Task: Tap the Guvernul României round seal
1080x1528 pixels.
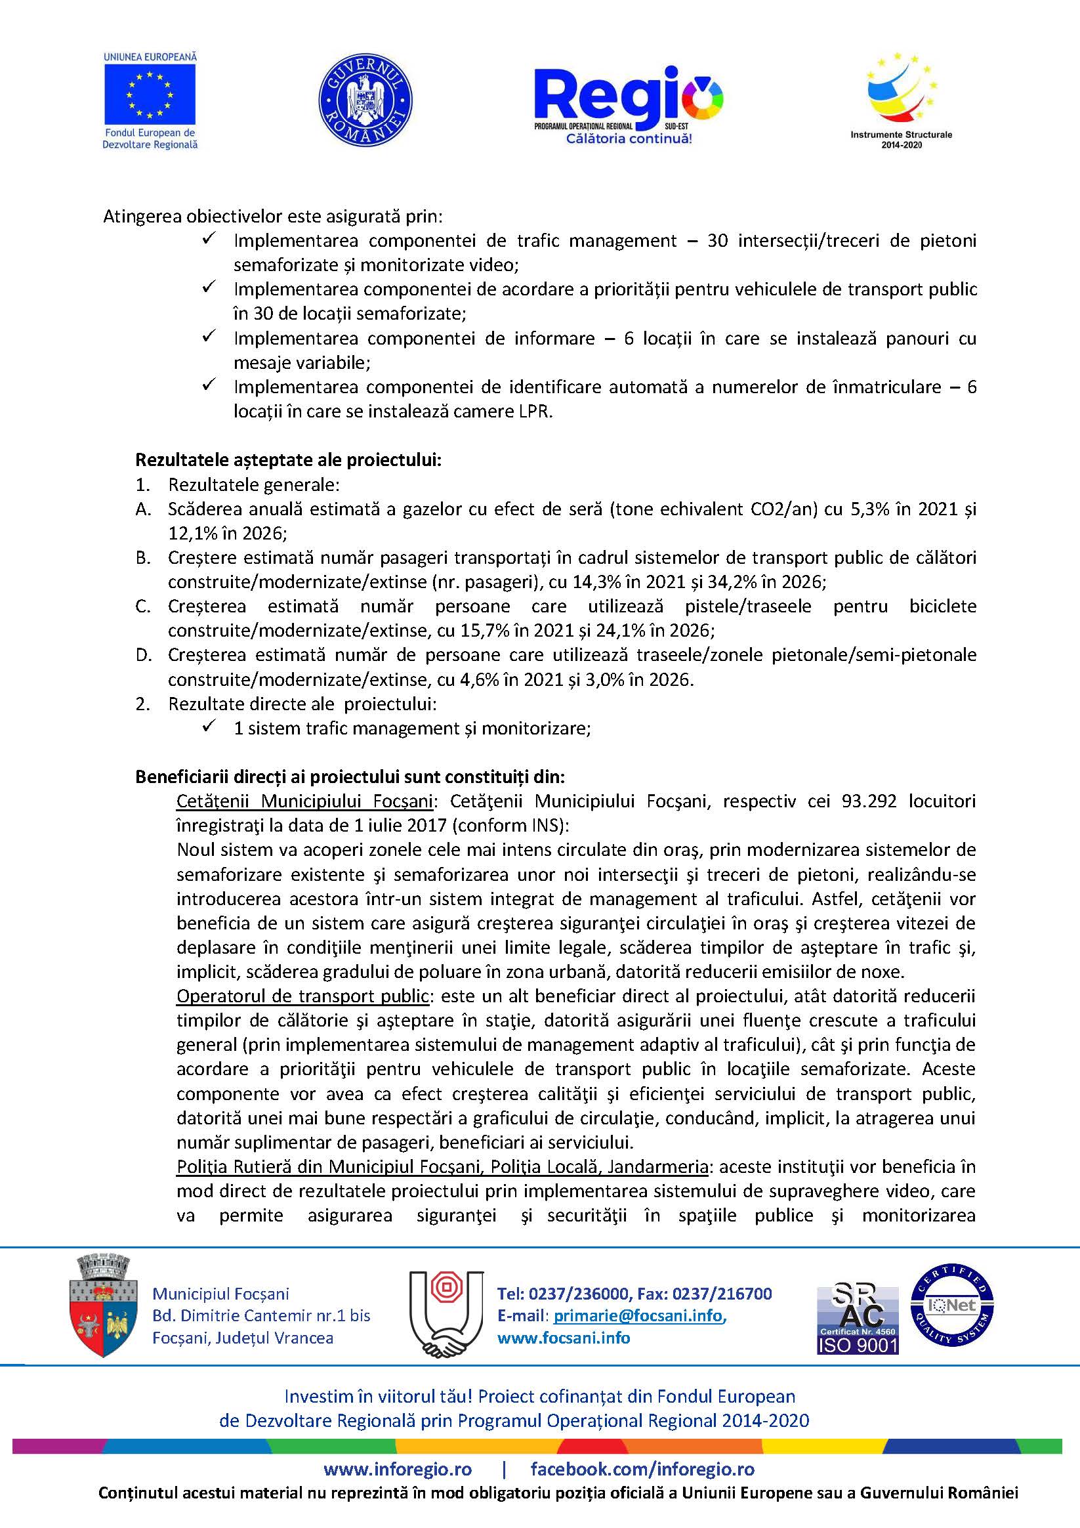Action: (x=365, y=100)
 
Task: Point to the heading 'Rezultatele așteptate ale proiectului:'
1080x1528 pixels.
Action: (x=288, y=460)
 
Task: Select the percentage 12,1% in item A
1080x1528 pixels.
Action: (x=192, y=533)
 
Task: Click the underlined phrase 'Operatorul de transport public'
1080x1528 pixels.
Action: (x=302, y=996)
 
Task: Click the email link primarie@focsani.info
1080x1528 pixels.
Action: (x=638, y=1315)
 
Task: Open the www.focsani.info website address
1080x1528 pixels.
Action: (x=564, y=1338)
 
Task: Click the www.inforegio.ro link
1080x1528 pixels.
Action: (x=398, y=1469)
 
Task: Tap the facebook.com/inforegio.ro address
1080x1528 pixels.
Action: (x=642, y=1469)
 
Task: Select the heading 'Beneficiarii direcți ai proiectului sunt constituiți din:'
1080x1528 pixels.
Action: (x=350, y=776)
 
